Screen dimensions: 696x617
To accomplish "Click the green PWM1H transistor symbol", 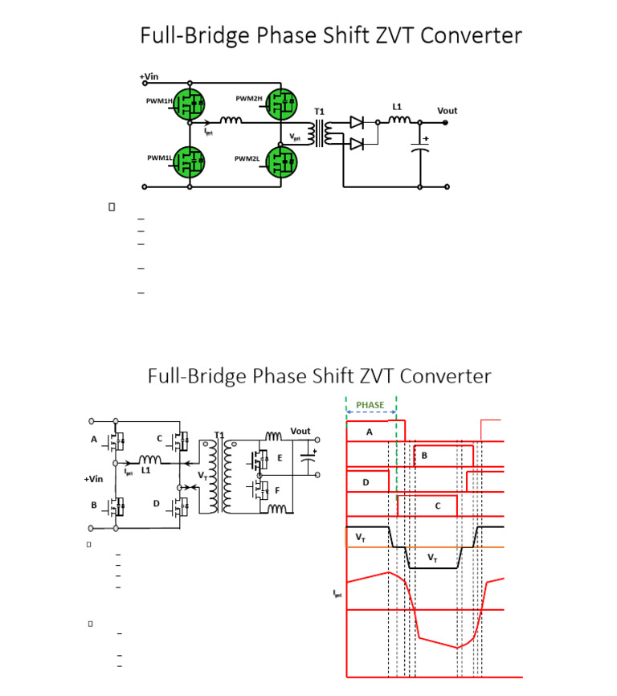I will click(190, 102).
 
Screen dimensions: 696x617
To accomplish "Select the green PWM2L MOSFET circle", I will click(281, 159).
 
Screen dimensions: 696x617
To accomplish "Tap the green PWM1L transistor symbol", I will click(190, 159).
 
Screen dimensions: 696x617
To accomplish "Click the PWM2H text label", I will click(249, 98).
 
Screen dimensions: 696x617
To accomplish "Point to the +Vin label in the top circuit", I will click(149, 76).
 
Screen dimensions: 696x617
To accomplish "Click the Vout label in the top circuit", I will click(447, 111).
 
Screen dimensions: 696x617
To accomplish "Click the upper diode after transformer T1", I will click(357, 123).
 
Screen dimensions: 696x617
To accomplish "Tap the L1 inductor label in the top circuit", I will click(397, 106).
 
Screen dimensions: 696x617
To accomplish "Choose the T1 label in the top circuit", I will click(319, 110).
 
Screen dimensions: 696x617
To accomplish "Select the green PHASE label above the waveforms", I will click(371, 405).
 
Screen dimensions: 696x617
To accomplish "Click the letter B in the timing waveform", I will click(424, 455).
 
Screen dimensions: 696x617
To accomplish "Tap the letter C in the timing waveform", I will click(437, 506).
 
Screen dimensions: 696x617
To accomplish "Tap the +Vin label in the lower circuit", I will click(94, 479).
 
